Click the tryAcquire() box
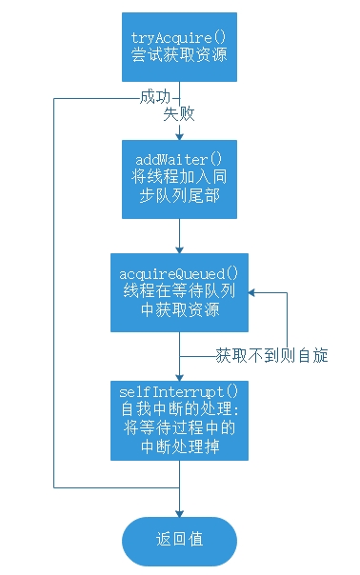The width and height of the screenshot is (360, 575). (x=179, y=47)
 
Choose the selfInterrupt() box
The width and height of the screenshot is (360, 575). (x=179, y=419)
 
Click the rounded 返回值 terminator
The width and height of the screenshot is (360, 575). (x=179, y=538)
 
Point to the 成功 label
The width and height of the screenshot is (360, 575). (x=154, y=97)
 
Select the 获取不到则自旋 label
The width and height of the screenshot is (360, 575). (x=271, y=356)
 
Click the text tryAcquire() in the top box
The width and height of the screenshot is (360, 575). (x=179, y=37)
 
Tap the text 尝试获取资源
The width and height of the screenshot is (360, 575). (x=179, y=56)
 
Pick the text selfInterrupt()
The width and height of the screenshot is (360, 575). (x=179, y=392)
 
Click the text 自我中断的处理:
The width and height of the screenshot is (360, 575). (x=179, y=409)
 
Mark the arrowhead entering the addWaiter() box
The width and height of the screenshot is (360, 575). (x=179, y=135)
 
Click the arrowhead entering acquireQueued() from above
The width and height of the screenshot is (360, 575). (x=179, y=248)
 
